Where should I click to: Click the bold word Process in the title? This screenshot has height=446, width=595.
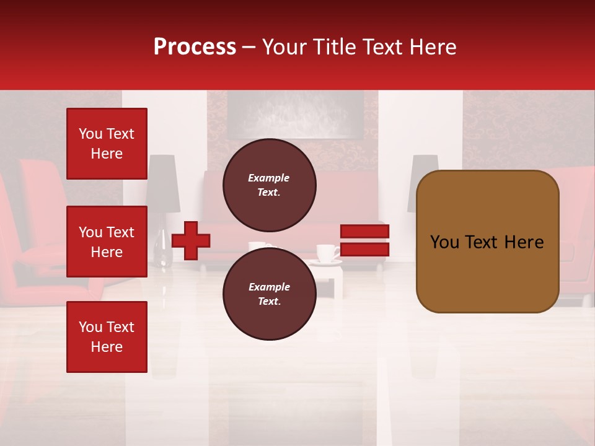(x=195, y=47)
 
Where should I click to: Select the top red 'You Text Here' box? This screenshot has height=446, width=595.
(x=107, y=144)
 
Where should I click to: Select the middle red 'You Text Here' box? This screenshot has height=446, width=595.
(x=107, y=242)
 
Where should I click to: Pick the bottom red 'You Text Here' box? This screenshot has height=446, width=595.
(x=107, y=337)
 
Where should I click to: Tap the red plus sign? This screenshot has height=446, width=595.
(x=191, y=240)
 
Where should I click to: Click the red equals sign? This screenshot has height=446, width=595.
(x=364, y=240)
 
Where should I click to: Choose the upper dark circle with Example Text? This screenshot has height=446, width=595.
(x=269, y=185)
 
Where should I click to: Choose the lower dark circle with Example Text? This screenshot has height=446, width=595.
(x=269, y=294)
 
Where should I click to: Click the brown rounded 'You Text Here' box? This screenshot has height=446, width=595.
(x=487, y=242)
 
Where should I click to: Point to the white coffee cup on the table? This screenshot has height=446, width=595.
(x=326, y=253)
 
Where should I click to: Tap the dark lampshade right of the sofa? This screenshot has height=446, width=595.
(x=421, y=183)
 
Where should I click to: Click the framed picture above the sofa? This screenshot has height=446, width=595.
(x=294, y=115)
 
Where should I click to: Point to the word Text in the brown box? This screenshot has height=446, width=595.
(x=487, y=242)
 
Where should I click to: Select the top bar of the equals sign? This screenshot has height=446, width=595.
(x=364, y=232)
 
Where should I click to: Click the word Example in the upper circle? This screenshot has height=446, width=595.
(x=269, y=178)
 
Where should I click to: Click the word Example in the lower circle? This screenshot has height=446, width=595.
(x=269, y=287)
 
